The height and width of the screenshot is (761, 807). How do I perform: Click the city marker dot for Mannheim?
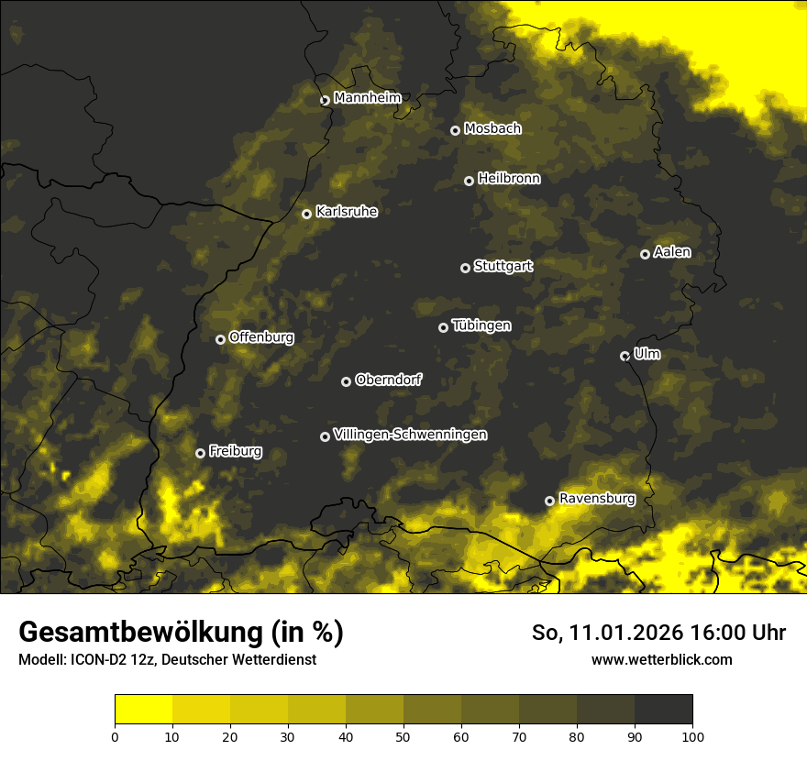click(x=325, y=101)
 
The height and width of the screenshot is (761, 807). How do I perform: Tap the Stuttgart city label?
click(x=503, y=266)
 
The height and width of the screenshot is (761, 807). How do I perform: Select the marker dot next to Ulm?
click(x=625, y=356)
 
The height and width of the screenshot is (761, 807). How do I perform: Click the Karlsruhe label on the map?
click(x=346, y=212)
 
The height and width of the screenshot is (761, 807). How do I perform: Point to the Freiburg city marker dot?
click(x=200, y=453)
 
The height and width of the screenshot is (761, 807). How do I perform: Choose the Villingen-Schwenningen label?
click(x=410, y=435)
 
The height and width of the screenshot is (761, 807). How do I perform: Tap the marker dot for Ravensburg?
click(x=550, y=501)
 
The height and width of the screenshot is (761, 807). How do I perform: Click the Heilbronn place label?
click(x=509, y=179)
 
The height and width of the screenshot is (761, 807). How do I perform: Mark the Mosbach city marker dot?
click(x=455, y=130)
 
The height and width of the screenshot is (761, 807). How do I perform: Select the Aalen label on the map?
click(x=672, y=252)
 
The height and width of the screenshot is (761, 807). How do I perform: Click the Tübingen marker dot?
click(x=443, y=327)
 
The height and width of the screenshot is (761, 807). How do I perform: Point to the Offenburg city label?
click(x=261, y=337)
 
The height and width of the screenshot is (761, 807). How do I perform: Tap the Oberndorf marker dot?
click(x=346, y=381)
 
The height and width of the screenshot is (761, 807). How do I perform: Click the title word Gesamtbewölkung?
click(x=142, y=633)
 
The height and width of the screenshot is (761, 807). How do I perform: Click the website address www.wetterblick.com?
click(x=661, y=659)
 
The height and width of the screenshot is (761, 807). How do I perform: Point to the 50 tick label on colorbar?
click(x=403, y=736)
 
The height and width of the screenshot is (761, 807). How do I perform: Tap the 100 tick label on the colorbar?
click(x=692, y=736)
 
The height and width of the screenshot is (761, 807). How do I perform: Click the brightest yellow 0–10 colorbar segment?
click(x=143, y=710)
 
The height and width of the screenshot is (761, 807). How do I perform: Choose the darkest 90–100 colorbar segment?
click(x=663, y=710)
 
